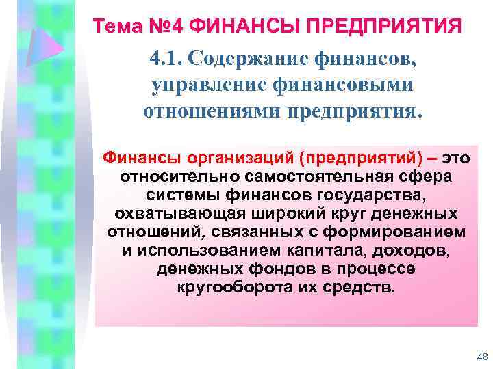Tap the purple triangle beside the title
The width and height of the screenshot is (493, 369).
48,48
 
